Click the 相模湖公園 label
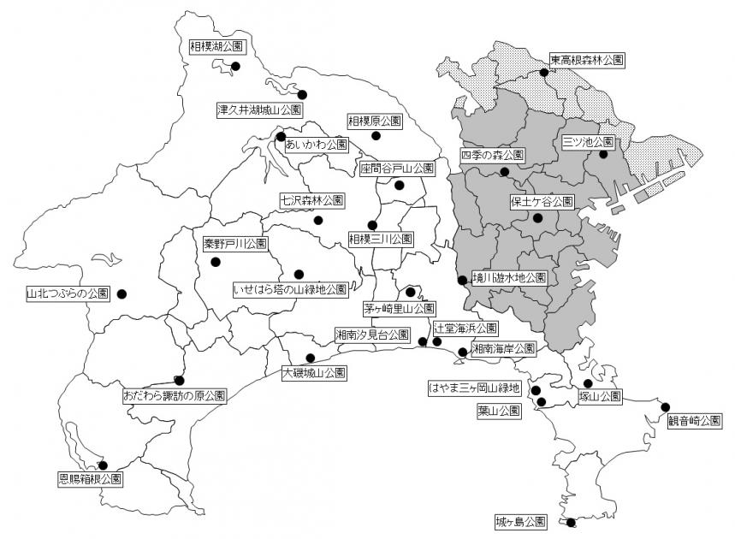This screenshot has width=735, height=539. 217,48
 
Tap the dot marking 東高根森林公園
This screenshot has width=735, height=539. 544,72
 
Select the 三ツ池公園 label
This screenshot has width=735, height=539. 588,141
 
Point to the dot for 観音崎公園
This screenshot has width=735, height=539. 665,406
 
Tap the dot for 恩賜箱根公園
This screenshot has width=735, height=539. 103,465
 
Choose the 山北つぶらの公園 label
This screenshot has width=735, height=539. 68,293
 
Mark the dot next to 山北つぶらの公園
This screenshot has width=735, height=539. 122,293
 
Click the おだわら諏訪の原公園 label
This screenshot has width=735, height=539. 175,396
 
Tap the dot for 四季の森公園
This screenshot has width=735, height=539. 504,172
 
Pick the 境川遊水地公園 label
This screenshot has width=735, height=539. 508,278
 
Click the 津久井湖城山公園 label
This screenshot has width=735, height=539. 259,110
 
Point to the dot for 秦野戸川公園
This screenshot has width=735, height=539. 216,262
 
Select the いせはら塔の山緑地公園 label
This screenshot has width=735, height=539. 290,289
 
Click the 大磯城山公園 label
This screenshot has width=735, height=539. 314,373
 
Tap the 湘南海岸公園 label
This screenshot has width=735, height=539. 502,348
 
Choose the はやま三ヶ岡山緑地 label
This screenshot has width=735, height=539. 474,388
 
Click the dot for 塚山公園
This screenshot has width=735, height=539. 588,384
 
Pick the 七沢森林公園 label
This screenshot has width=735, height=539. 312,200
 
